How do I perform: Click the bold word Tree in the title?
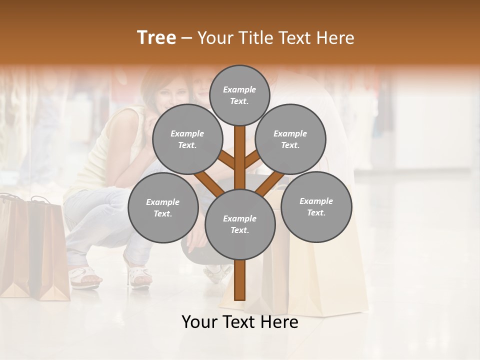[156, 38]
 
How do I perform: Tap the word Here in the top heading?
[335, 38]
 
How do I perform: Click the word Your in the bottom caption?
[199, 322]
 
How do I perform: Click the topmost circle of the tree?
[239, 95]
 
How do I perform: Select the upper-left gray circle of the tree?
[187, 139]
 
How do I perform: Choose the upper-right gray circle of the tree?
[290, 139]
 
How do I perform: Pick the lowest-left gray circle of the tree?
[163, 207]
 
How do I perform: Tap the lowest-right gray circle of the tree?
[316, 206]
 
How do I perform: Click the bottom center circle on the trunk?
[239, 224]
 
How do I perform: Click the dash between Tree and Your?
[187, 38]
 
